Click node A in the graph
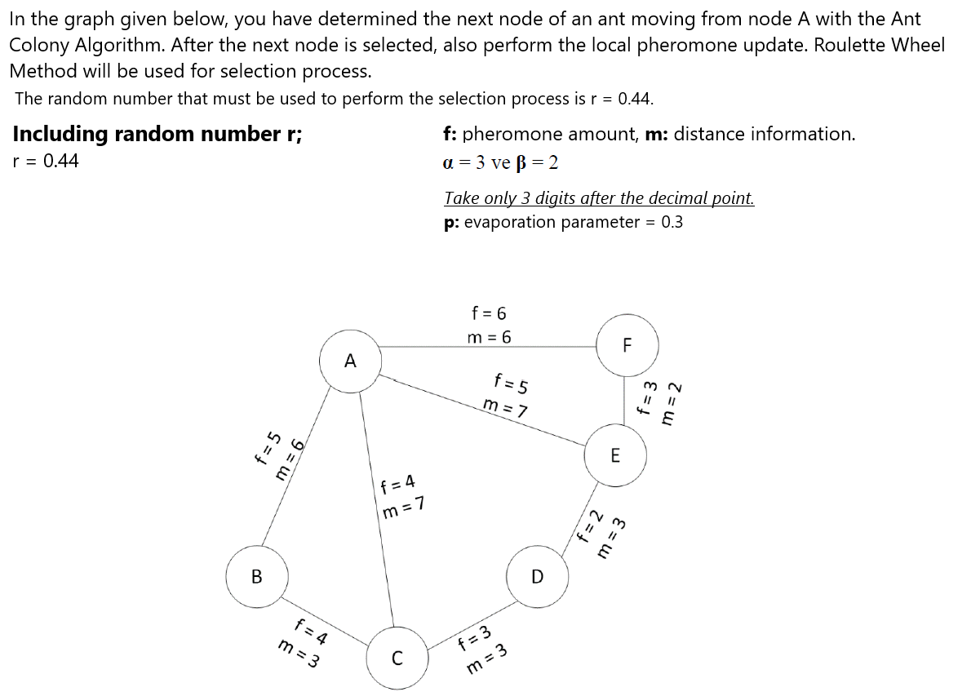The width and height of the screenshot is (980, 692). (351, 360)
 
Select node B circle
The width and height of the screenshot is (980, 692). (257, 577)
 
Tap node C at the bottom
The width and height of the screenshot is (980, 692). (397, 658)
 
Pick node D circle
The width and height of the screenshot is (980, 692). (537, 577)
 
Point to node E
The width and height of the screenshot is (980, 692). (615, 455)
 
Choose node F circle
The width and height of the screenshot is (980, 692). (627, 344)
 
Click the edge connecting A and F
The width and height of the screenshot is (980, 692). (490, 346)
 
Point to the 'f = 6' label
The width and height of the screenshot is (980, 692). (489, 313)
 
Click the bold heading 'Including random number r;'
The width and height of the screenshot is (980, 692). (157, 134)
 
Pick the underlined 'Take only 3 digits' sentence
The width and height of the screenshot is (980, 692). (599, 198)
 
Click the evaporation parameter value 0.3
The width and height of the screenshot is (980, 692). (672, 222)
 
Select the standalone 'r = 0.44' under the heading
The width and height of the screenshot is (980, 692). (47, 161)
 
